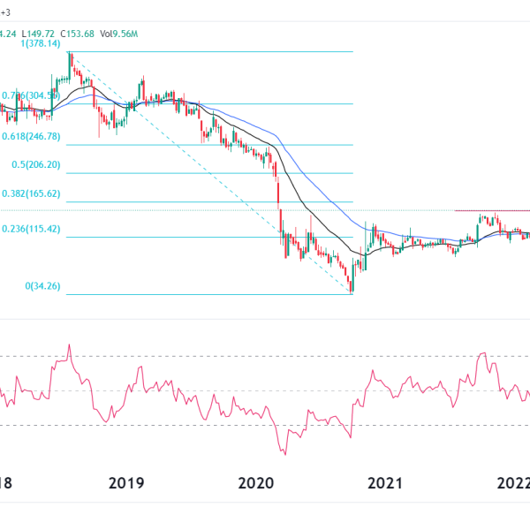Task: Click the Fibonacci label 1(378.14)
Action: coord(34,42)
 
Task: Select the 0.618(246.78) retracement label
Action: coord(31,136)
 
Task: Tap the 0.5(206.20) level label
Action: coord(36,164)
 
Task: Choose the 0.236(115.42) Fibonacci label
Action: coord(31,229)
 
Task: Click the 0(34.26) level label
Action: coord(42,286)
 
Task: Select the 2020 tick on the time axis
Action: coord(257,483)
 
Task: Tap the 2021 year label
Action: coord(385,483)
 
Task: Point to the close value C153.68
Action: coord(78,34)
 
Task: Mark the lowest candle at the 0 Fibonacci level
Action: coord(352,287)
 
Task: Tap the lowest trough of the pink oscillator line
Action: coord(285,454)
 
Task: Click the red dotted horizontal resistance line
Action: coord(491,210)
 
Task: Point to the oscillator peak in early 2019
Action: coord(68,345)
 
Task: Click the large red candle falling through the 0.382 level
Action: coord(277,194)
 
